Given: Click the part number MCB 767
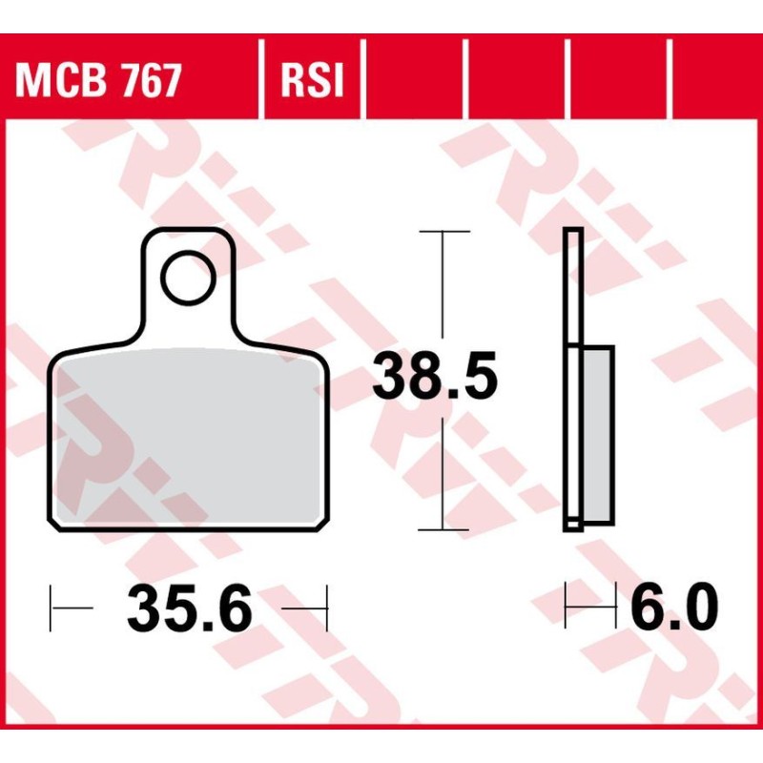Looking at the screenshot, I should click(x=97, y=82).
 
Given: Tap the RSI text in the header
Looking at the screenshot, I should click(x=311, y=82).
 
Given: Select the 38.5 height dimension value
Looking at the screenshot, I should click(x=435, y=377).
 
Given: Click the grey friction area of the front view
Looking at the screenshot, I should click(x=186, y=443).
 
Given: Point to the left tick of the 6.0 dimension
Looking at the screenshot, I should click(x=566, y=605).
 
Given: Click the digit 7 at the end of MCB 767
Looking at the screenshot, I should click(x=168, y=82).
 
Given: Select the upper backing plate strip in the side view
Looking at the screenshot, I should click(x=572, y=286).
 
